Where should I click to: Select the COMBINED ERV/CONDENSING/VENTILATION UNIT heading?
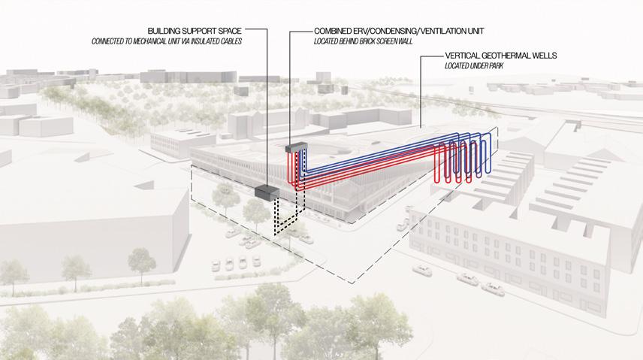click(397, 32)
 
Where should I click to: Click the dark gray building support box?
click(267, 192)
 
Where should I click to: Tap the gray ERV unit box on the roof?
click(298, 147)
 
